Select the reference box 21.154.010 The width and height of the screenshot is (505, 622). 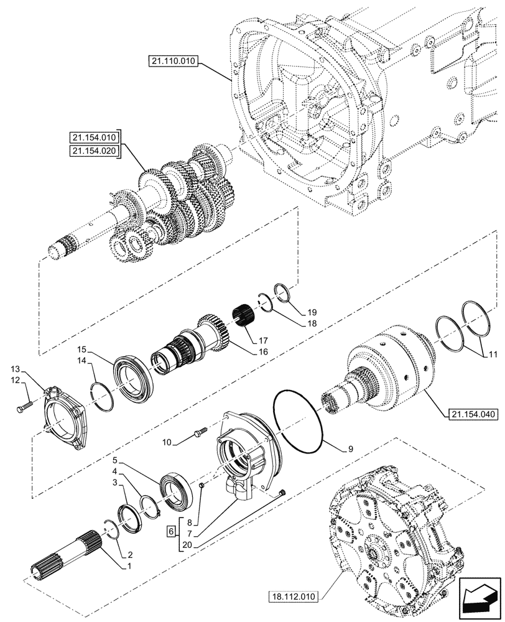coord(94,137)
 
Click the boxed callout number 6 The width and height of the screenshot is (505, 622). coord(170,532)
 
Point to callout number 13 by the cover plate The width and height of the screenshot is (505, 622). coord(15,369)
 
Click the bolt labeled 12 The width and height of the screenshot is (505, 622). coord(22,407)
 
